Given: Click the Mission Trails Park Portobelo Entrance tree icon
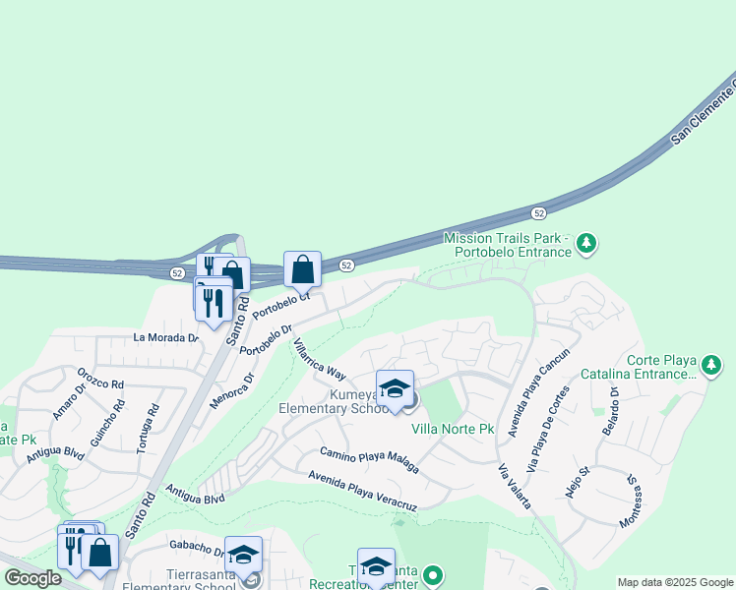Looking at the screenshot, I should pos(586,242).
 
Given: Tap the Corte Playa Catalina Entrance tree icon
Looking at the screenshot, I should pos(711,367).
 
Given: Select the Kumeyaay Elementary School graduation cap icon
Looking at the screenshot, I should pos(395,389).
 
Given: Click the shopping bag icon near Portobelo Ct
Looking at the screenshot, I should pos(303,268).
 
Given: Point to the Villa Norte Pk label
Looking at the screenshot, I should pos(452,430).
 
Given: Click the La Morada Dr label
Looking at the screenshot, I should pos(166,337).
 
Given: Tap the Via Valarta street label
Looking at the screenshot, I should pos(515,486).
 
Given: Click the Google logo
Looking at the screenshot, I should pos(32,578).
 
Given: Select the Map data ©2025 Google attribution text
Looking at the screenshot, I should pos(674,582).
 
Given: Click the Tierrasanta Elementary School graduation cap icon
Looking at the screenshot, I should pos(243,554).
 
